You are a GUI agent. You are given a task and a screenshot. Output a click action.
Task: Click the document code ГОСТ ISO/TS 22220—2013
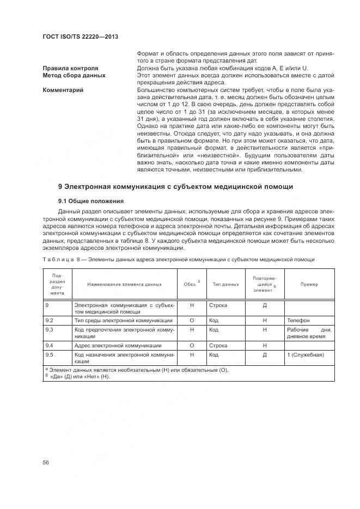point(81,36)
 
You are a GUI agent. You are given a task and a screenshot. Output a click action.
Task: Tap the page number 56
point(46,462)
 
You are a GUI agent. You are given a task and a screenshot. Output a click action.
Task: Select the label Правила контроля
point(70,68)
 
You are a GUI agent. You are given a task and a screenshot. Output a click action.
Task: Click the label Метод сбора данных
point(74,75)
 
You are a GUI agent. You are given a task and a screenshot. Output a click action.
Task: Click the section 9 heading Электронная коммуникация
point(175,187)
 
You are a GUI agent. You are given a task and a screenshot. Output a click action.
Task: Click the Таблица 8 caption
point(179,259)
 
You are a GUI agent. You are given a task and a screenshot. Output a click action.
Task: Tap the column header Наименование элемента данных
point(125,284)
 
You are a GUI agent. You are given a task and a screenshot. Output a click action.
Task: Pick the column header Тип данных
point(225,284)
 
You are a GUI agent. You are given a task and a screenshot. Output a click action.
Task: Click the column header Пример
point(309,284)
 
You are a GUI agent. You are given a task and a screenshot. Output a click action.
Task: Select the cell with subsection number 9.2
point(49,321)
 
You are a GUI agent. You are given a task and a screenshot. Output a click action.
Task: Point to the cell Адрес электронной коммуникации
point(118,345)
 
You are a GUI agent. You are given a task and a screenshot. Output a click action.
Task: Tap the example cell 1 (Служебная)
point(305,354)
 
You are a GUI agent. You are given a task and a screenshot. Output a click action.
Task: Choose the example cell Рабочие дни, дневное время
point(309,333)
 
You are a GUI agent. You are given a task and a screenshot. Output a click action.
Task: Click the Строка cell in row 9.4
point(218,345)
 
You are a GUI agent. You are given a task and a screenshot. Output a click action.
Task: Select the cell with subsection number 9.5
point(49,354)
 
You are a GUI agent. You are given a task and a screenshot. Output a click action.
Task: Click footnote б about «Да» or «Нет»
point(78,377)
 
